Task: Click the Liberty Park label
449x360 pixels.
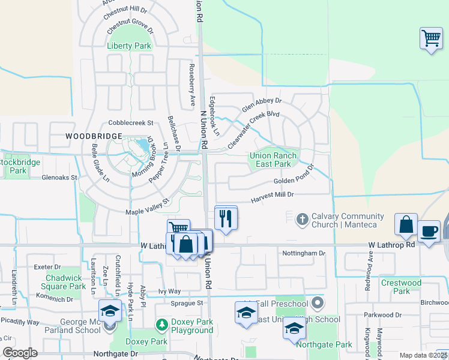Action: pyautogui.click(x=129, y=46)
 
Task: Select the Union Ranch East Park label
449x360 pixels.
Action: pyautogui.click(x=273, y=160)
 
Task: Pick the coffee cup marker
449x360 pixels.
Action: pyautogui.click(x=429, y=232)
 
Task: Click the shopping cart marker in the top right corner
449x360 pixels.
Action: pyautogui.click(x=431, y=38)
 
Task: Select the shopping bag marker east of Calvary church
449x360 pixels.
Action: pyautogui.click(x=406, y=224)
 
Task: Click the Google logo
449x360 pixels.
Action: pyautogui.click(x=20, y=353)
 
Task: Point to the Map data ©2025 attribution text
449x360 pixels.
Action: pyautogui.click(x=423, y=355)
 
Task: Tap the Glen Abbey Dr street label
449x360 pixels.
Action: pyautogui.click(x=262, y=105)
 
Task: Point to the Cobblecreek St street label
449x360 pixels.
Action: pyautogui.click(x=131, y=122)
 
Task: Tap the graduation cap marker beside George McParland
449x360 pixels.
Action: pyautogui.click(x=110, y=311)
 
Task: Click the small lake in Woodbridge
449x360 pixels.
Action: pyautogui.click(x=143, y=146)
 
